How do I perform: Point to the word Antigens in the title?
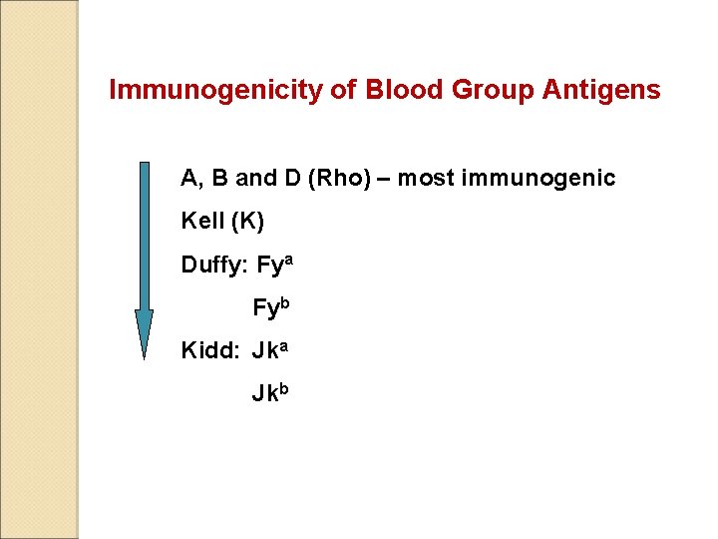[x=601, y=91]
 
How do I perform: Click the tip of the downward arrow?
[x=145, y=356]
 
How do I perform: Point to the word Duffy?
[x=213, y=267]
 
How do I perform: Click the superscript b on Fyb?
[x=284, y=301]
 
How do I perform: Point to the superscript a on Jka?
[x=284, y=345]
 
